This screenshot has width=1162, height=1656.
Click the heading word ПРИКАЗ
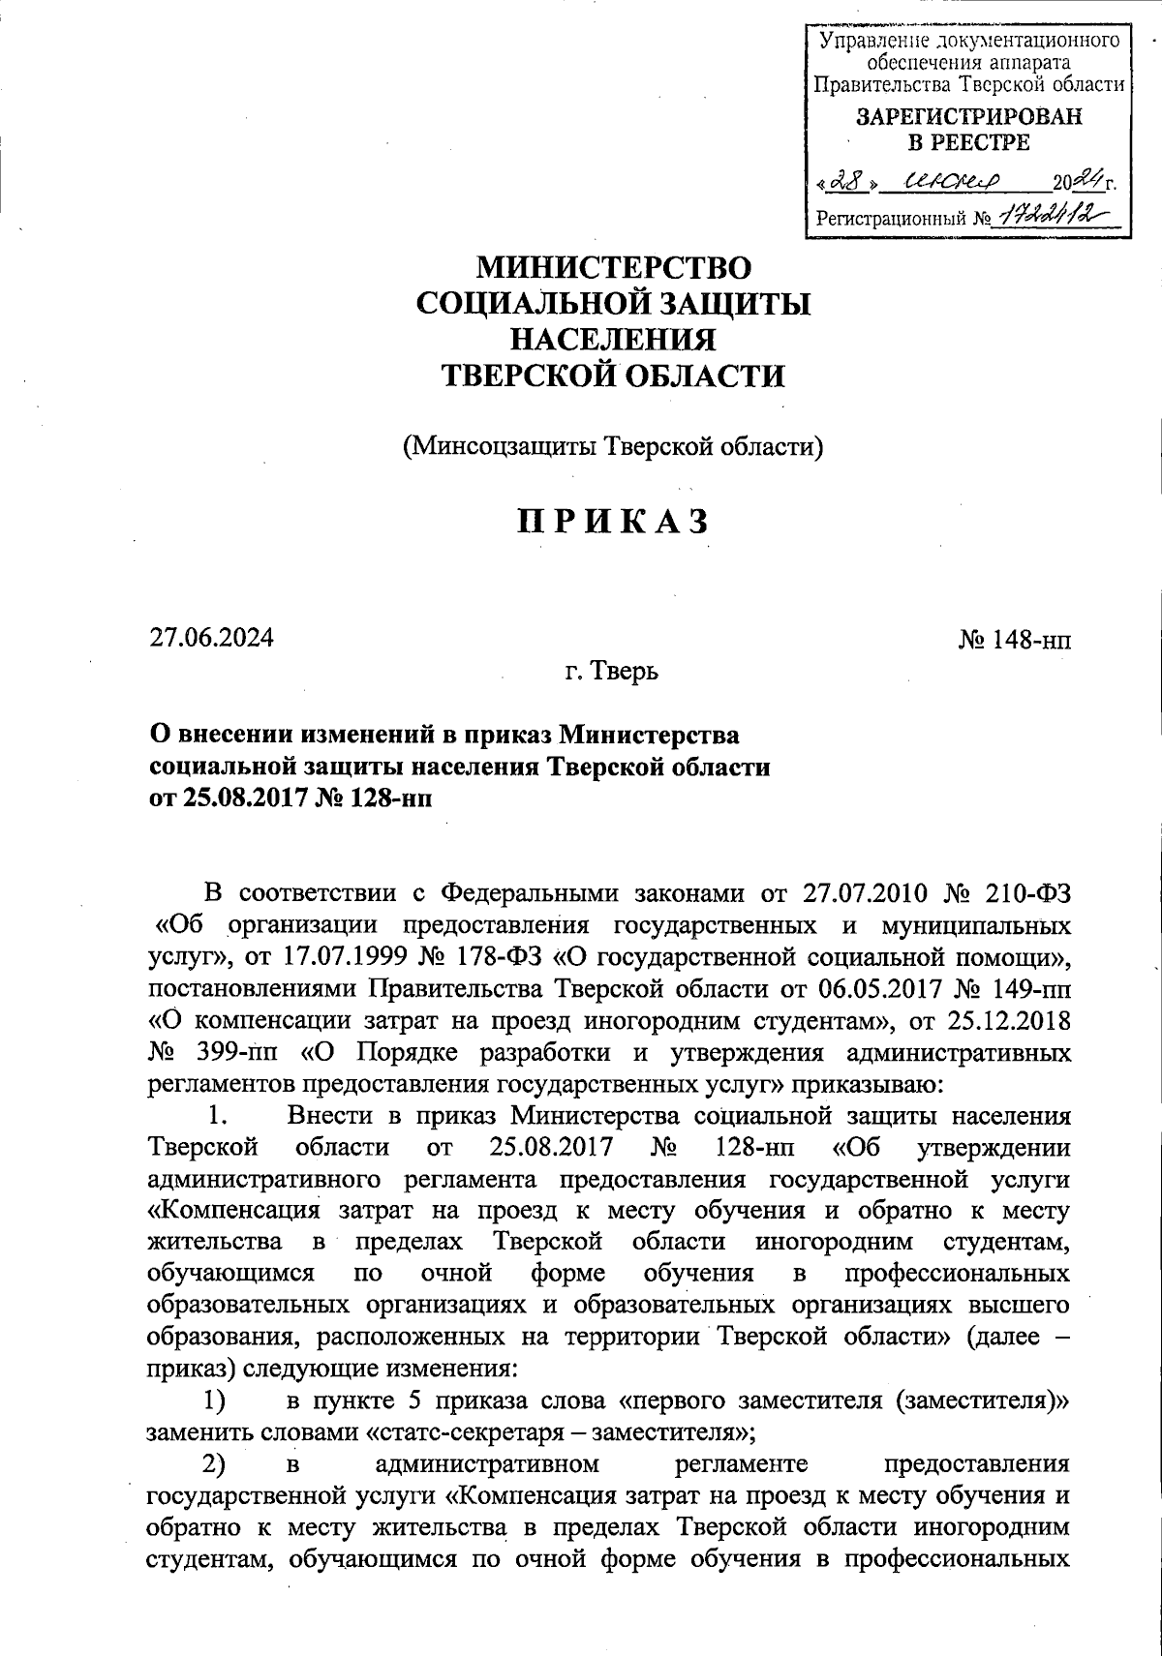pyautogui.click(x=612, y=522)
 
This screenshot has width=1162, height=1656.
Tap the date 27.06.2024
pyautogui.click(x=211, y=638)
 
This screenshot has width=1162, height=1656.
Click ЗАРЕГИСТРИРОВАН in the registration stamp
pyautogui.click(x=969, y=117)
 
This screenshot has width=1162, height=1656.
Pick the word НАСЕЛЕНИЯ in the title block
pyautogui.click(x=613, y=340)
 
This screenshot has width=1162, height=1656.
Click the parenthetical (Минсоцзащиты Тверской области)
pyautogui.click(x=613, y=446)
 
